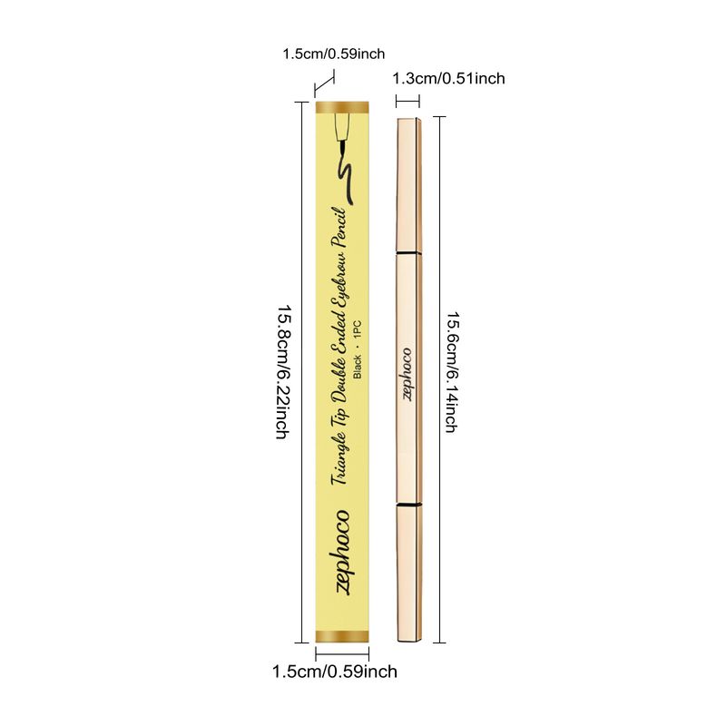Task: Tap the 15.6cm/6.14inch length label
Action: [450, 372]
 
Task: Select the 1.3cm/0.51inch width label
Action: [448, 79]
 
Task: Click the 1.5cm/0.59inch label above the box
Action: [334, 54]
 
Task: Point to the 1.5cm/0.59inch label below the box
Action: [335, 672]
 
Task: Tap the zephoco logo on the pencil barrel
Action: [407, 373]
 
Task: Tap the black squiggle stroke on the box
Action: [346, 176]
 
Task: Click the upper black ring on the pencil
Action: [408, 250]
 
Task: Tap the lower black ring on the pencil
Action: [408, 502]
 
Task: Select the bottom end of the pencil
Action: [408, 636]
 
